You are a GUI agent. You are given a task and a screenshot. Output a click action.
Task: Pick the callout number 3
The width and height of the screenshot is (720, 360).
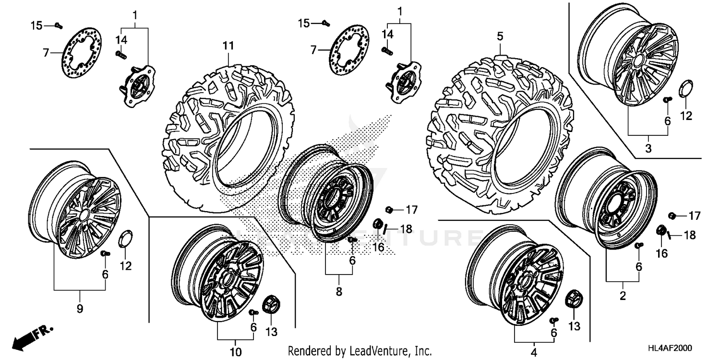[x=648, y=149]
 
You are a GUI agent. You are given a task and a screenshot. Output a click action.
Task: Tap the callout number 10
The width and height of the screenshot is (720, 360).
[x=235, y=351]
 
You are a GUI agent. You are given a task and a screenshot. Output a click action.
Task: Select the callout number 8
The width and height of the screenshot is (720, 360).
[x=339, y=291]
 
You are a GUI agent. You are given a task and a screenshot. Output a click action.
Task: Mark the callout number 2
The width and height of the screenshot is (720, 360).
[x=623, y=296]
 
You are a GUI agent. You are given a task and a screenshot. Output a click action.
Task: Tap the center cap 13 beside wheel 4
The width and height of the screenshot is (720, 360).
[x=573, y=299]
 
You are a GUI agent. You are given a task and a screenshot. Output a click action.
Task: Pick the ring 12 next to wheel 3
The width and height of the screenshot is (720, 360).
[x=684, y=89]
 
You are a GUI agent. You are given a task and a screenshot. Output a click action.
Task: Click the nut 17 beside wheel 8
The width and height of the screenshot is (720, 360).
[x=389, y=209]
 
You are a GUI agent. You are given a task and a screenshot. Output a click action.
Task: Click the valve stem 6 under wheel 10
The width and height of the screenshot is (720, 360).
[x=253, y=312]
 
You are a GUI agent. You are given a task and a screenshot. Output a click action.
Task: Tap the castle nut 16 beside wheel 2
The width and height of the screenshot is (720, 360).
[x=661, y=230]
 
